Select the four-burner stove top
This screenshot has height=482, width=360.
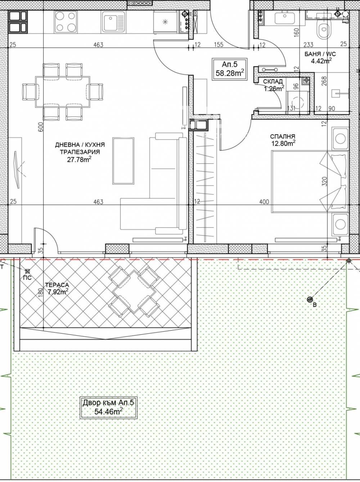(66, 22)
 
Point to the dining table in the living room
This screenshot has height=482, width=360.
(63, 92)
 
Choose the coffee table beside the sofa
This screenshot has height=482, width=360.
(123, 161)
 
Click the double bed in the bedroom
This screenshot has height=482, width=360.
(310, 181)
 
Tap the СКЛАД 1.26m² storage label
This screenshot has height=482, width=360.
(273, 85)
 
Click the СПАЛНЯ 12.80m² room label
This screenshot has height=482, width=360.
(283, 140)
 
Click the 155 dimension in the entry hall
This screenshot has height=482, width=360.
(219, 45)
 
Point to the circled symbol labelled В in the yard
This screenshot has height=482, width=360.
(310, 299)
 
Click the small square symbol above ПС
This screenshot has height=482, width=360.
(27, 271)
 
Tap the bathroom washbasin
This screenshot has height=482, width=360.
(285, 18)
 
